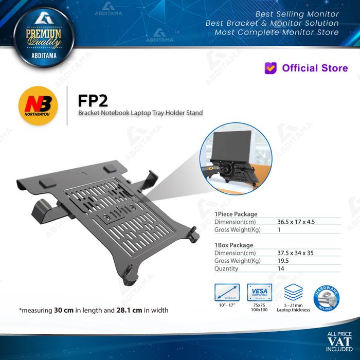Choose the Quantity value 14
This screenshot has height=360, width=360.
(x=281, y=268)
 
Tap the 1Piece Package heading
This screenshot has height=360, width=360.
(x=236, y=213)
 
